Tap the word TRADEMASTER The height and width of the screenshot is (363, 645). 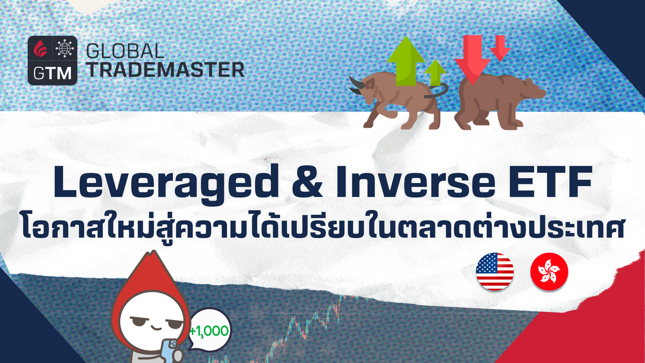pyautogui.click(x=166, y=70)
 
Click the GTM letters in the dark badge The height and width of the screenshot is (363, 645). pyautogui.click(x=52, y=74)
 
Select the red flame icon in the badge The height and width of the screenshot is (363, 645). pyautogui.click(x=40, y=48)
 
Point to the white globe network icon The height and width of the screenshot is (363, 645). pyautogui.click(x=65, y=48)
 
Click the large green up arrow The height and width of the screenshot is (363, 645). pyautogui.click(x=406, y=60)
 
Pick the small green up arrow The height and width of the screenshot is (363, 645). pyautogui.click(x=435, y=73)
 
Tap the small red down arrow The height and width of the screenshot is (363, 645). pyautogui.click(x=500, y=48)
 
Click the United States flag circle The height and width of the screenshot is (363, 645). pyautogui.click(x=495, y=271)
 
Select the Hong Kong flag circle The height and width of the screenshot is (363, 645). pyautogui.click(x=549, y=271)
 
